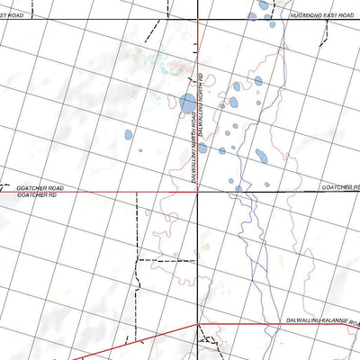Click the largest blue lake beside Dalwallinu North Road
click(187, 104)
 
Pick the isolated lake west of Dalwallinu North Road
click(129, 136)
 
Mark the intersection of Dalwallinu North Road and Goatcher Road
click(198, 189)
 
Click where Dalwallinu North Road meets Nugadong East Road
click(198, 20)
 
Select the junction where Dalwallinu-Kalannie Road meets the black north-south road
click(198, 323)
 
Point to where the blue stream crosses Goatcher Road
click(243, 189)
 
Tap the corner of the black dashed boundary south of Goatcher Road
click(138, 259)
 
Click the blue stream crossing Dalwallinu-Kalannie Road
click(266, 323)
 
